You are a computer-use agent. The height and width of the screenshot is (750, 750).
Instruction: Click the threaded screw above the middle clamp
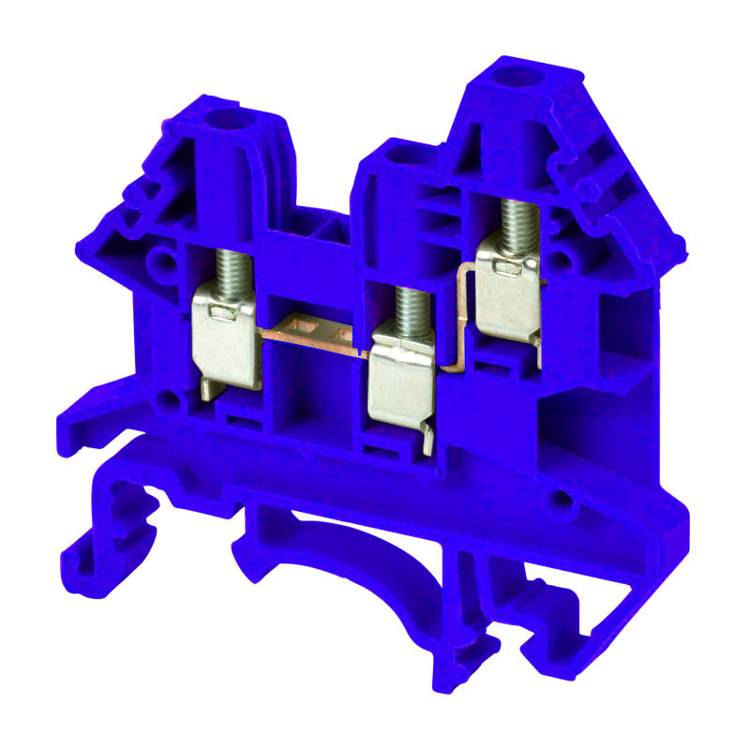click(405, 309)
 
